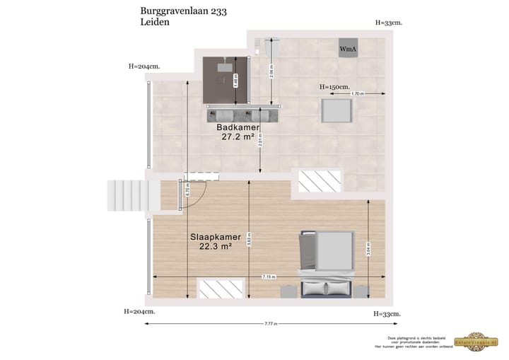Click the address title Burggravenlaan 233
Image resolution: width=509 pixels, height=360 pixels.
point(185,11)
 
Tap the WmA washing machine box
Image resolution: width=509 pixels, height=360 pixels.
point(348,47)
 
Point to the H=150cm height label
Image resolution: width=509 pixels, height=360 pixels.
point(334,86)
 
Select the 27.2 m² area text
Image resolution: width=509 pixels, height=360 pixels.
point(238,138)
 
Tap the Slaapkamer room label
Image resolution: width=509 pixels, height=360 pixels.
point(216,237)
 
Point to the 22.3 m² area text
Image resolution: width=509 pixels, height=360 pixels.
point(216,247)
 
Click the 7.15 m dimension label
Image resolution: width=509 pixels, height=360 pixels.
point(269,276)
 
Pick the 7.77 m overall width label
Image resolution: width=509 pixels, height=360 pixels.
point(271,324)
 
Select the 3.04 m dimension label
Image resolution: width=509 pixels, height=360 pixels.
point(368,248)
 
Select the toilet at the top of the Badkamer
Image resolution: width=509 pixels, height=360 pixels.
point(265,47)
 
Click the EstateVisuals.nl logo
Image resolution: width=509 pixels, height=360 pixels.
point(480,340)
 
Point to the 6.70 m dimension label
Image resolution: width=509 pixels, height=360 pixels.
point(187,190)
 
